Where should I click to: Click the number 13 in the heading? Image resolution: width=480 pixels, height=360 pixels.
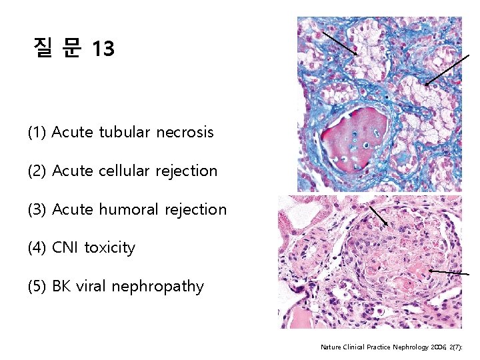[x=104, y=49]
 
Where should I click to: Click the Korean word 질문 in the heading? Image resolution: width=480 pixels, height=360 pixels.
[x=57, y=48]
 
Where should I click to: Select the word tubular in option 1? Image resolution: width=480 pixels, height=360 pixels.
[x=125, y=132]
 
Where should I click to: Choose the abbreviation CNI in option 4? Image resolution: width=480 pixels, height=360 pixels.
[x=64, y=248]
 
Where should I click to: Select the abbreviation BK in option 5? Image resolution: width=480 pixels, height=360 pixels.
[x=61, y=287]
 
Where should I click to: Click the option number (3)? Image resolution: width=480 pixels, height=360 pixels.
[x=37, y=209]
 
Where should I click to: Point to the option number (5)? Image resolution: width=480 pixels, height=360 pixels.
[x=37, y=287]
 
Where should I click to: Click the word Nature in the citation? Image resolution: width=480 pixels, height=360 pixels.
[x=331, y=347]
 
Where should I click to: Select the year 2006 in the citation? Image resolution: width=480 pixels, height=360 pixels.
[x=439, y=347]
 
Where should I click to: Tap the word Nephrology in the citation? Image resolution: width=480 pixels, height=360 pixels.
[x=406, y=347]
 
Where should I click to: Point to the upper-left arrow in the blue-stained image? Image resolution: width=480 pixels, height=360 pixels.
[x=339, y=42]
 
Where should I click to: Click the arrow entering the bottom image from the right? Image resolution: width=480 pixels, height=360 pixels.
[x=453, y=273]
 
